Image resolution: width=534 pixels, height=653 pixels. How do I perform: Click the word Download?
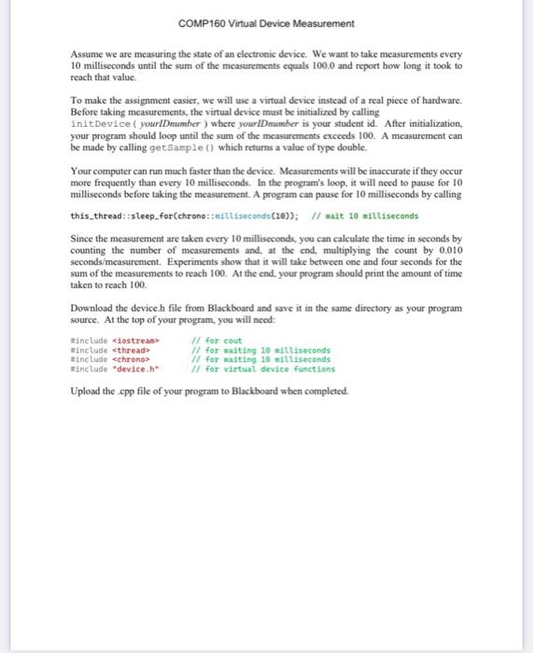[x=91, y=307]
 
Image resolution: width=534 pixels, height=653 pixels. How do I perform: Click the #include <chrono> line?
[x=105, y=358]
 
